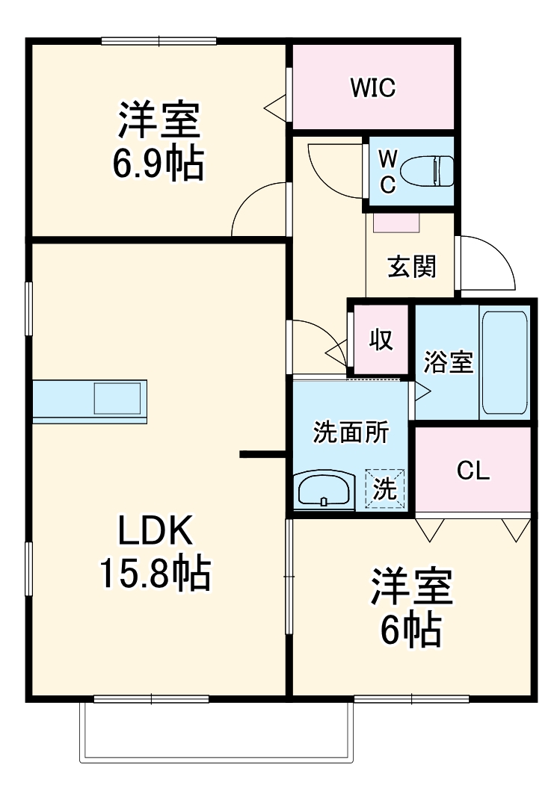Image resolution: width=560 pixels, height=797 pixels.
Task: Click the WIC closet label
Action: point(373,88)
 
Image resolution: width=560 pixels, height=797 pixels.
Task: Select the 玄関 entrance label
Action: point(411,266)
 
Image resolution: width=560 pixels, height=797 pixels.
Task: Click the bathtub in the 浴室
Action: point(505,362)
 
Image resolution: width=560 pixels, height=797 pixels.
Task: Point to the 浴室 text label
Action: point(448,362)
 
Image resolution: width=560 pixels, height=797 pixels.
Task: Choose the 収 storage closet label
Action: point(381,340)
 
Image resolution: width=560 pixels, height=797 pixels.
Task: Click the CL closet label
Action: point(473,471)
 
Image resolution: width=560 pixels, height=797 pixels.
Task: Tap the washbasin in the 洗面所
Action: point(324,490)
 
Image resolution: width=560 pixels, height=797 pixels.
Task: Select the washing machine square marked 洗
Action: point(384,489)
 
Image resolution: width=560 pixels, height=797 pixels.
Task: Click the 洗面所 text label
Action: point(350,432)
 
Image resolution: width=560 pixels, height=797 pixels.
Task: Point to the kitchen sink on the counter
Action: point(117,397)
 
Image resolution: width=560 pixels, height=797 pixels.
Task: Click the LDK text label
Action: point(156,532)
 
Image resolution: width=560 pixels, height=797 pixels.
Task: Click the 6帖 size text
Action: point(410,631)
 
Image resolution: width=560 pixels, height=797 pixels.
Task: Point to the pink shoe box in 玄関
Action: point(397,223)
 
